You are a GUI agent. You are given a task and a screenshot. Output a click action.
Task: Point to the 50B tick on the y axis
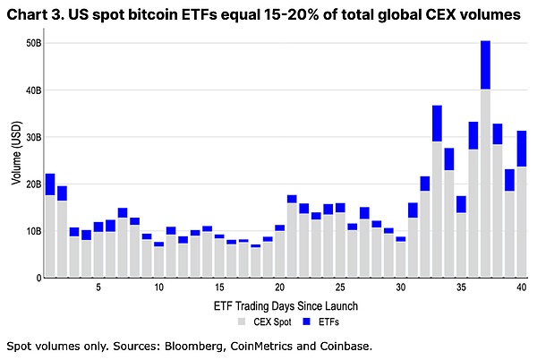point(33,43)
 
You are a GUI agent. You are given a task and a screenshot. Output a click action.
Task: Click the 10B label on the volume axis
point(33,231)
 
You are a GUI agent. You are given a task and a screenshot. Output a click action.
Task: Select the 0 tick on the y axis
point(37,278)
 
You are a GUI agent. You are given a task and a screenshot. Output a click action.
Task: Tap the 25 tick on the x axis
point(340,288)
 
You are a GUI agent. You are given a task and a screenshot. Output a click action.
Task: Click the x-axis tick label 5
point(98,288)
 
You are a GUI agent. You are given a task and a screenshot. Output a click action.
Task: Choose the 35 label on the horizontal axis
point(461,288)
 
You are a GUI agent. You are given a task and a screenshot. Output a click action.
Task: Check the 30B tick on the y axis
point(33,137)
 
